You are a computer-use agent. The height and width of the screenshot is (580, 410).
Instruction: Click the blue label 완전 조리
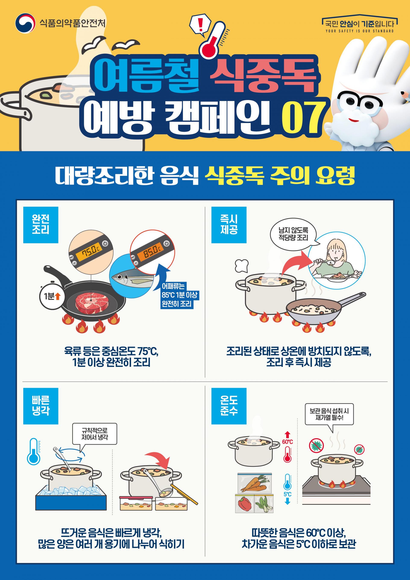[41, 225]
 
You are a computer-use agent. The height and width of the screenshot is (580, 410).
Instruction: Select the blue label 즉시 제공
[229, 225]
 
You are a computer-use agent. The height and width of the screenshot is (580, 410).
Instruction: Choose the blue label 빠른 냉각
[41, 406]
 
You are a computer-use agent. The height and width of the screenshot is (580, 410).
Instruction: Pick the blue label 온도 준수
[229, 406]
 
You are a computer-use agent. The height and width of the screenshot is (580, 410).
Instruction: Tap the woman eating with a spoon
[337, 260]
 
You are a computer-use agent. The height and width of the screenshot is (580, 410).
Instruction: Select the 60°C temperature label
[287, 442]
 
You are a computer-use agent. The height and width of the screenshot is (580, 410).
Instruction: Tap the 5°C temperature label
[287, 494]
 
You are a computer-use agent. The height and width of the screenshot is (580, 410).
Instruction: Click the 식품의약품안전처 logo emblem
[25, 23]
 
